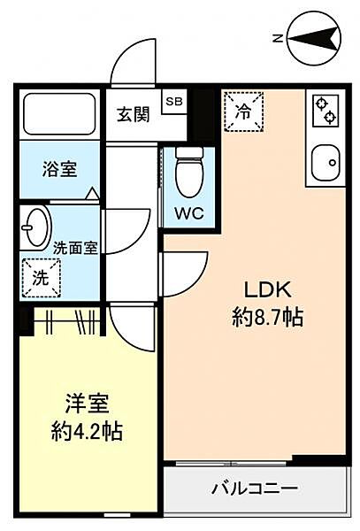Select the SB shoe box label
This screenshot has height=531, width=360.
pos(173,100)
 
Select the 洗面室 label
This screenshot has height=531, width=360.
pos(75,249)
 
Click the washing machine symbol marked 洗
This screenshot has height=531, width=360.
pos(41,275)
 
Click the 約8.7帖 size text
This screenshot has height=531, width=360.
pos(267,318)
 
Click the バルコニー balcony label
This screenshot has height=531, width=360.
pos(254,488)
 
